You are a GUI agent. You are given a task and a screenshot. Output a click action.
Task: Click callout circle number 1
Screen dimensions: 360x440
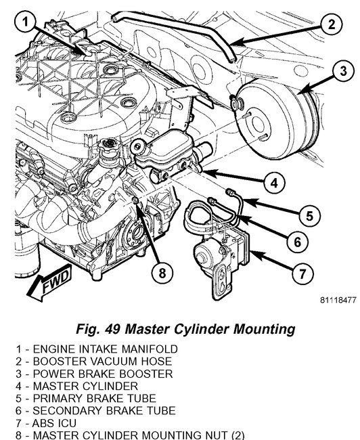25,22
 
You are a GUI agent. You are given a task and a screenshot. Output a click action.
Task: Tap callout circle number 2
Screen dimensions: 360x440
332,24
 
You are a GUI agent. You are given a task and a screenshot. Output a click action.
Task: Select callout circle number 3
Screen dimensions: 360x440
344,70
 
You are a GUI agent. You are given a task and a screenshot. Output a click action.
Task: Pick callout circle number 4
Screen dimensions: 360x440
274,183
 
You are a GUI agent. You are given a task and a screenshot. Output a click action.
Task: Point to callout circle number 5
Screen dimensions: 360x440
309,216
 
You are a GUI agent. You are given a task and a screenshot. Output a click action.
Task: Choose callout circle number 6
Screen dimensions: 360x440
298,242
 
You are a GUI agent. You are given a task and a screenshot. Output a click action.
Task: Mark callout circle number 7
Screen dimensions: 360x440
302,273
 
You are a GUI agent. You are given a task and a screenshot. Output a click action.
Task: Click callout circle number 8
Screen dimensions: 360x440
162,273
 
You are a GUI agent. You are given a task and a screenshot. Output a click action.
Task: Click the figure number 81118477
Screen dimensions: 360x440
338,300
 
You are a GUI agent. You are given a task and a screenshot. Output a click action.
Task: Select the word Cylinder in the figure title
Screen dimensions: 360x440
201,329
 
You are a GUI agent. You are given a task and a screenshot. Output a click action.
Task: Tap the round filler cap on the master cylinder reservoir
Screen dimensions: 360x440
138,146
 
